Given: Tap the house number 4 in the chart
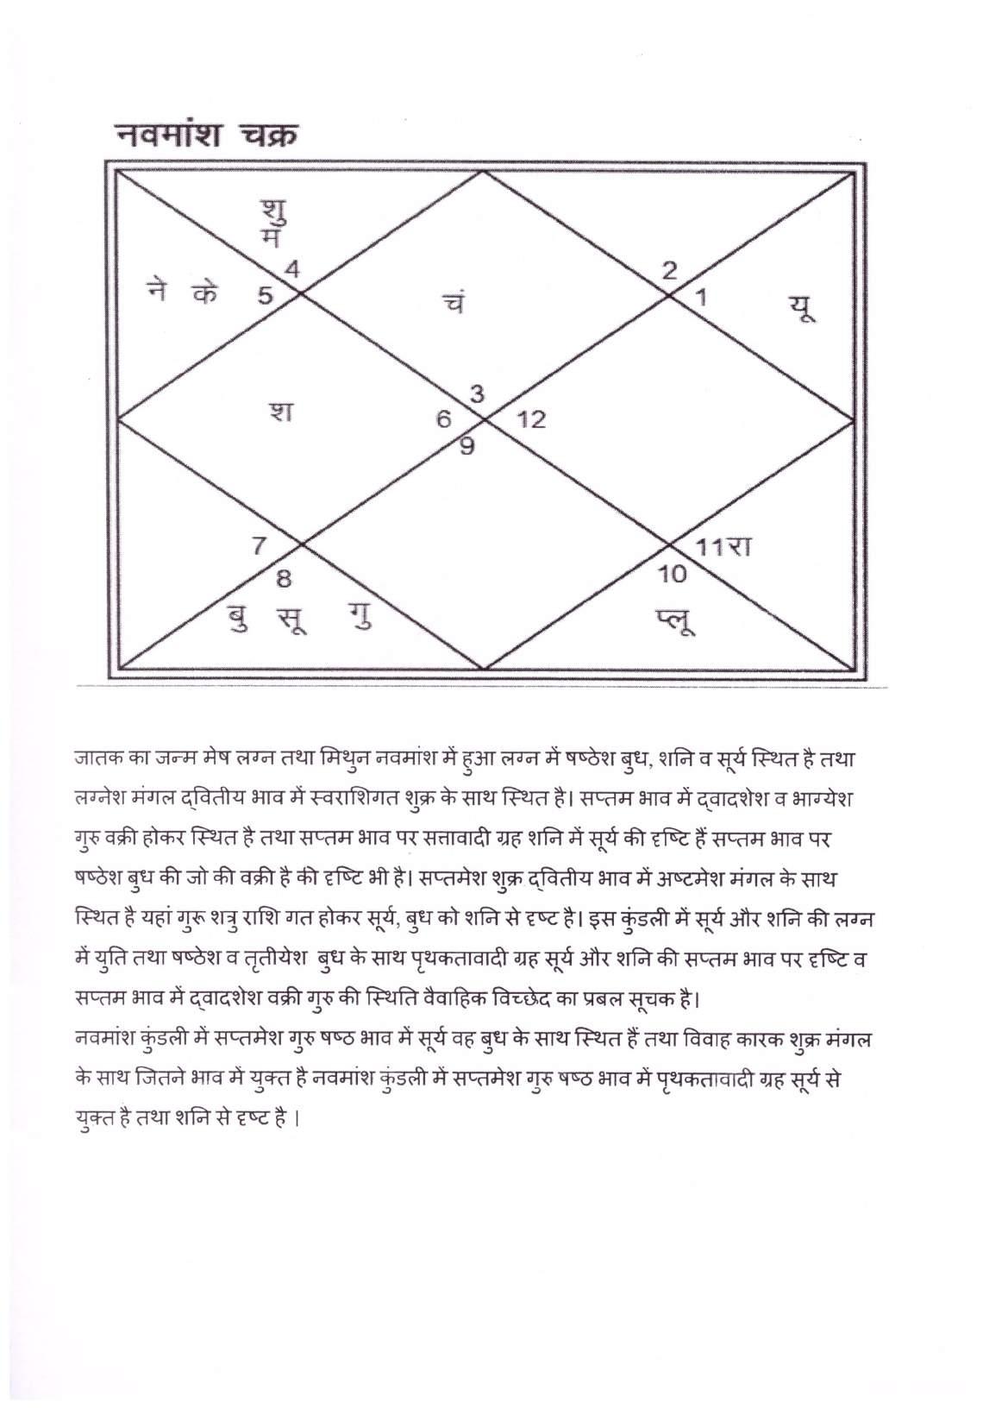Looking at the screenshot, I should click(293, 268).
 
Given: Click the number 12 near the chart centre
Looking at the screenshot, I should click(531, 420).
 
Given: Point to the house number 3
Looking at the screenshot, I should click(476, 394).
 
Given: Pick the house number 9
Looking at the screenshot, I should click(466, 447).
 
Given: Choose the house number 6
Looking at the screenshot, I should click(443, 420).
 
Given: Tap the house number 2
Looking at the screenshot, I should click(669, 270).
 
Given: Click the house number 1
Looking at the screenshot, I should click(701, 299).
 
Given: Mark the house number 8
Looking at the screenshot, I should click(283, 579).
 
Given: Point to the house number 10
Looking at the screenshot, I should click(672, 573).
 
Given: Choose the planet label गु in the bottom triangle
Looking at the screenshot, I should click(362, 619).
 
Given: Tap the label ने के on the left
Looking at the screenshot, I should click(182, 293).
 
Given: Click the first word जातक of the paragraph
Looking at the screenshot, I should click(96, 761).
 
